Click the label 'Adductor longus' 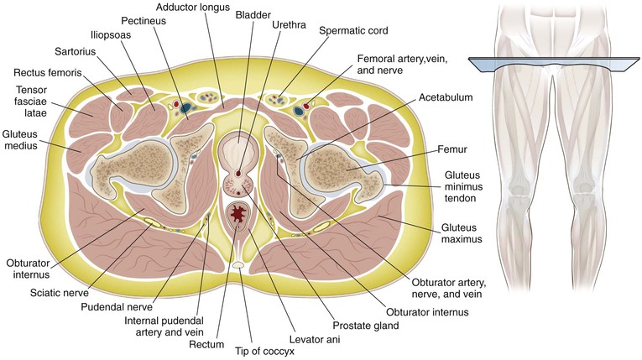pos(193,8)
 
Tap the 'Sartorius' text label pos(75,51)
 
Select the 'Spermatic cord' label pos(353,31)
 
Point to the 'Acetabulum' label pos(446,97)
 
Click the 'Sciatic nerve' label pos(60,293)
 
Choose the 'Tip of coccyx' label pos(264,352)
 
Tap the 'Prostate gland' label pos(366,326)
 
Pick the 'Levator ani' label pos(315,339)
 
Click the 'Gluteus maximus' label pos(462,233)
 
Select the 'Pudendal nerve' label pos(117,307)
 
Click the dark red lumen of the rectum pos(237,213)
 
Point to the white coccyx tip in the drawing pos(237,265)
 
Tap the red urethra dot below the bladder pos(239,170)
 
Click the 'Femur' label pos(452,149)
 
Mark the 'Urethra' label pos(289,25)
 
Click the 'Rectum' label pos(206,344)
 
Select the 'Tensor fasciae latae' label pos(31,102)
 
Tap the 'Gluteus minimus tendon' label pos(463,186)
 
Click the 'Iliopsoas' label pos(111,34)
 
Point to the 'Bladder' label pos(253,15)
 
